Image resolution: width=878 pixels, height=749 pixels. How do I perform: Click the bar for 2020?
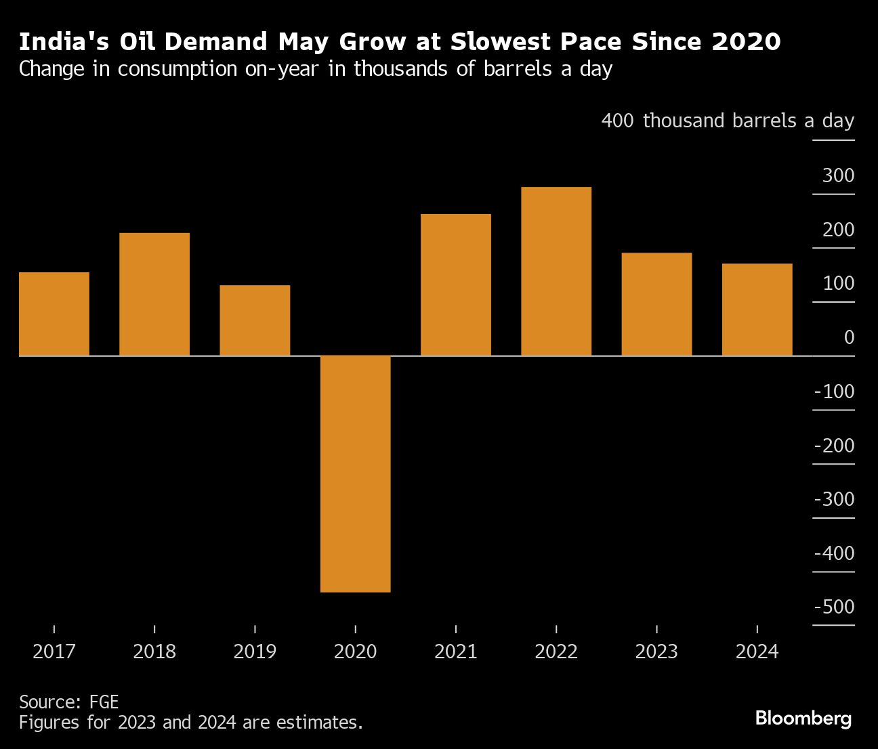355,473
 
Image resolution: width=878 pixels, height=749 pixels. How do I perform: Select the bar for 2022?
556,271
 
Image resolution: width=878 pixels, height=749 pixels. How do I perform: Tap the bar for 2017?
54,314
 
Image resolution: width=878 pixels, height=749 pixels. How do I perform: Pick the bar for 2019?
255,320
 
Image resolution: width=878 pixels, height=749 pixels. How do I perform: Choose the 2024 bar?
757,309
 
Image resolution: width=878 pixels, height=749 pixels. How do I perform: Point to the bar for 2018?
154,294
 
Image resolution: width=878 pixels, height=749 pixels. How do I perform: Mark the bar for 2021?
455,284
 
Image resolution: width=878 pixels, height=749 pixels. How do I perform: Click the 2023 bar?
656,304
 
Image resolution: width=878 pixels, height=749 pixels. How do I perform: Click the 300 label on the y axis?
838,176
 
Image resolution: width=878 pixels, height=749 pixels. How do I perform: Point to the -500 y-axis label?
834,607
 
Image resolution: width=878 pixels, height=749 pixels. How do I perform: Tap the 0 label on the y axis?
849,337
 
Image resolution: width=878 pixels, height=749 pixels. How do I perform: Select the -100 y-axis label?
834,391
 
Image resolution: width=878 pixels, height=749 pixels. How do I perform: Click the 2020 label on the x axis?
355,651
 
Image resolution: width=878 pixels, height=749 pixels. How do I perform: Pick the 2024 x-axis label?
757,651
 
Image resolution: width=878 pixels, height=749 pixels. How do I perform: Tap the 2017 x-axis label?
54,651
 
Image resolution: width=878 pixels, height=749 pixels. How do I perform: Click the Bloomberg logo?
803,718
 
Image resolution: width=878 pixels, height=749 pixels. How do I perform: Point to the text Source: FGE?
68,702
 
